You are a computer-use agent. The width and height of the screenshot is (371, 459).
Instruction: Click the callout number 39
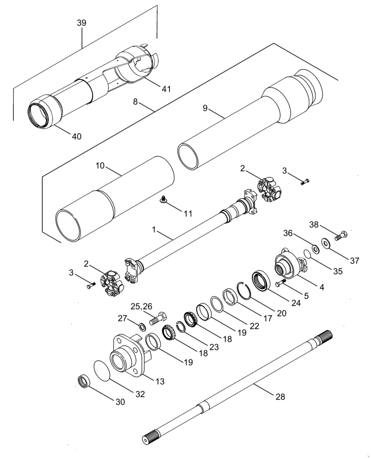82,23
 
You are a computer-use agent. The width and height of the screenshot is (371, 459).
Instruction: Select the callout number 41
166,89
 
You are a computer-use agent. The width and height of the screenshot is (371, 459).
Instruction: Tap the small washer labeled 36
315,249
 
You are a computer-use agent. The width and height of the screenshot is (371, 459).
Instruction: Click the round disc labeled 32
103,369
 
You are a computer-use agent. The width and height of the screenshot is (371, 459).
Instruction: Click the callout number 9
205,108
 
